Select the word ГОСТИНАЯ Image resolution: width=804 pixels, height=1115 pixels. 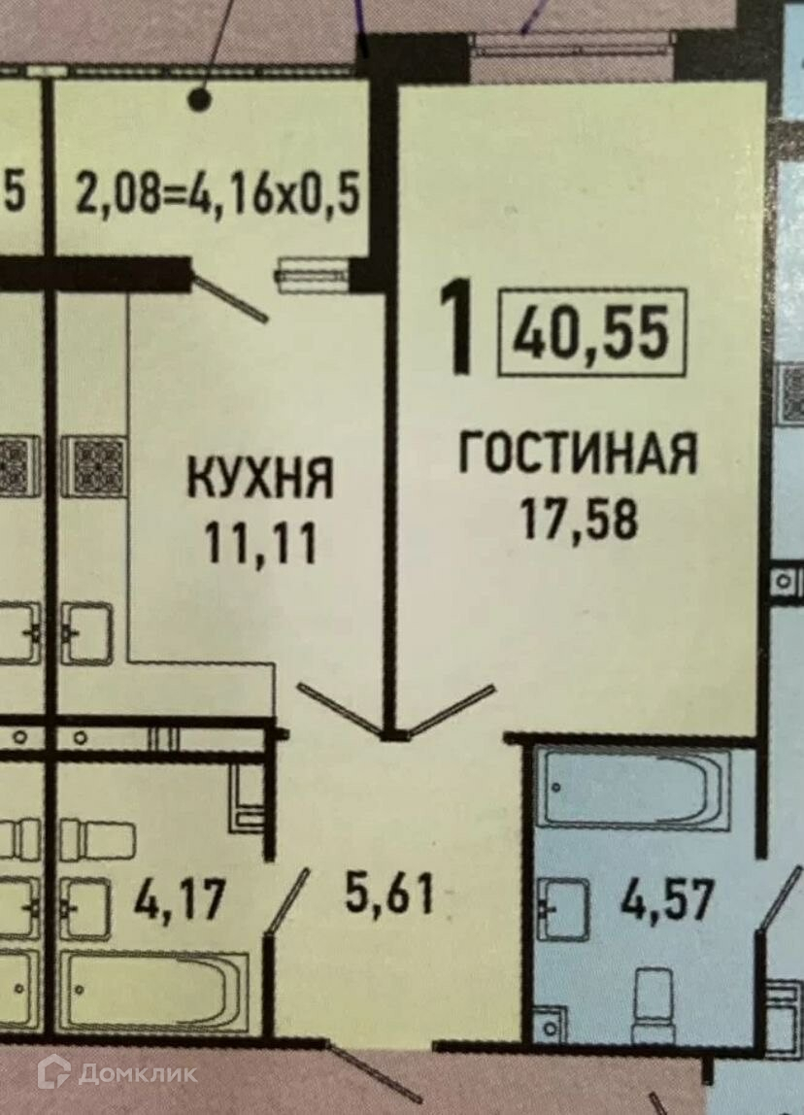point(577,455)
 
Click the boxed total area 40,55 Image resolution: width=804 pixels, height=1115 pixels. point(592,332)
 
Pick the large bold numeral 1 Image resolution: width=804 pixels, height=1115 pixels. point(457,327)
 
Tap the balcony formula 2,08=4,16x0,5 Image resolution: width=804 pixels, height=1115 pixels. point(218,193)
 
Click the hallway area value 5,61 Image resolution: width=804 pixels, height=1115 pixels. point(388,894)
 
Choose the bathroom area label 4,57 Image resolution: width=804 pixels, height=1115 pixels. point(667,900)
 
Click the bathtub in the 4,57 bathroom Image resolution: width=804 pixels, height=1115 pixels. point(634,787)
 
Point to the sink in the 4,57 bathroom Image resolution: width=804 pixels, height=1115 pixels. point(563,909)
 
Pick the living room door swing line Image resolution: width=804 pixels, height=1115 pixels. point(452,710)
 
